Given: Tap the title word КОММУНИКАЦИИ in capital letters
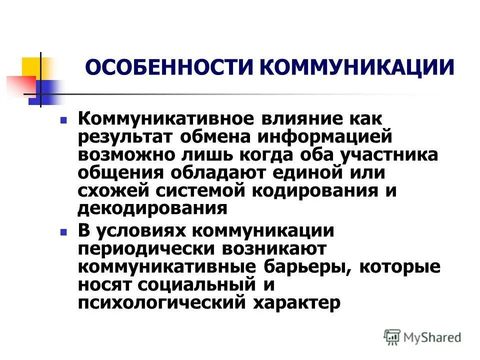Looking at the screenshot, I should (358, 68).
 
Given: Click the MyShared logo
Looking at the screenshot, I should (422, 337).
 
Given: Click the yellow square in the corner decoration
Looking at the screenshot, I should (31, 67).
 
